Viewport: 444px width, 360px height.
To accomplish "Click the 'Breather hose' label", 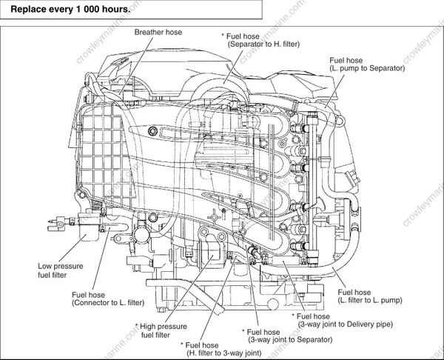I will click(x=158, y=33).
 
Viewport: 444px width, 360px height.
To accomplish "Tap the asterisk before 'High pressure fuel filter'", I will click(x=138, y=326).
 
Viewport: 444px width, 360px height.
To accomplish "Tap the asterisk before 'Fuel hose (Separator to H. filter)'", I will click(x=224, y=36).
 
